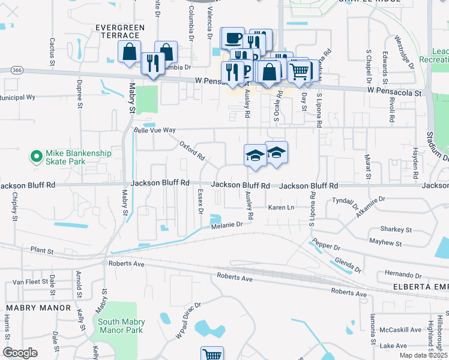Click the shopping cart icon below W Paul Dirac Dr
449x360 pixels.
click(x=211, y=355)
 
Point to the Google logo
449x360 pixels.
click(x=20, y=353)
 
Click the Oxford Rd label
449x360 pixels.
click(x=192, y=151)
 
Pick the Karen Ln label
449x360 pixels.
click(x=281, y=208)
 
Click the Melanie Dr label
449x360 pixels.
click(x=226, y=224)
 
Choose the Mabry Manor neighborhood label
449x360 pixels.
click(x=31, y=307)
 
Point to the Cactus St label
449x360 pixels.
click(x=53, y=51)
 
